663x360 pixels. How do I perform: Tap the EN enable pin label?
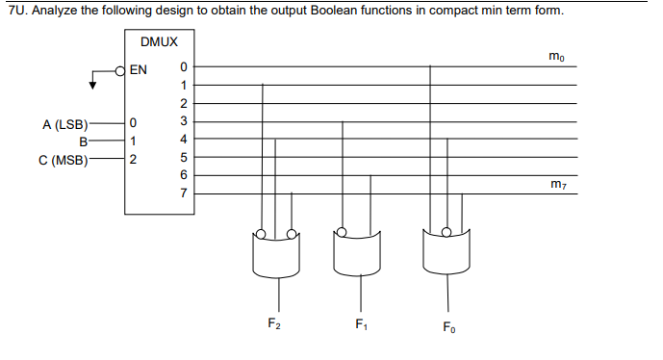tap(139, 69)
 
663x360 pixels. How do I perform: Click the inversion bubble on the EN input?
tap(120, 69)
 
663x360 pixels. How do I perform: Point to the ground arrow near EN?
tap(93, 84)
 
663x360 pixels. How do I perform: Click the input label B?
tap(84, 141)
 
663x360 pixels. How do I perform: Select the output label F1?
tap(361, 322)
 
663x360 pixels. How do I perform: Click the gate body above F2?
tap(277, 253)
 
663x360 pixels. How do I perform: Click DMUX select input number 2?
tap(134, 159)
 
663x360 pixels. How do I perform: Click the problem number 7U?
tap(13, 11)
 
